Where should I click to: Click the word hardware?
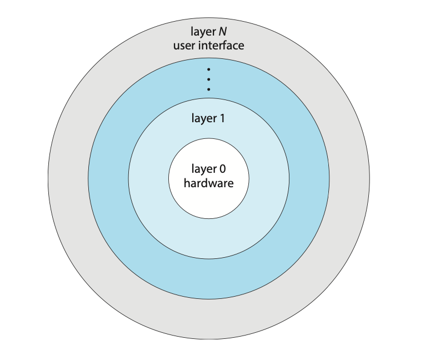(208, 183)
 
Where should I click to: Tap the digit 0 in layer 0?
(222, 169)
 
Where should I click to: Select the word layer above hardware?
(203, 169)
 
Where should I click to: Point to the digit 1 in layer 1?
(222, 118)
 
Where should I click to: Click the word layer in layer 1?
(203, 118)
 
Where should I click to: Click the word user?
(183, 46)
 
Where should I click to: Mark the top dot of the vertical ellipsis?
(208, 69)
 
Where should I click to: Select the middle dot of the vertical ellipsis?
(208, 79)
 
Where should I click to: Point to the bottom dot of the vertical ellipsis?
(208, 89)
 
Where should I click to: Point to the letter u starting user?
(176, 46)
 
